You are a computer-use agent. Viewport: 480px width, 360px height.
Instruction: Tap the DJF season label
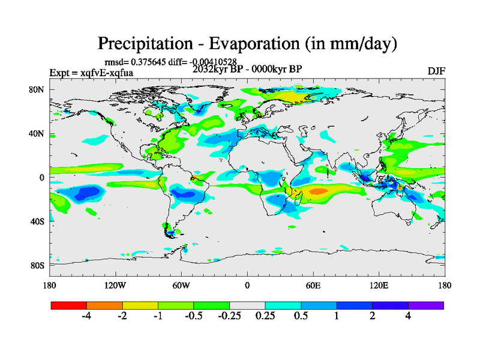point(436,71)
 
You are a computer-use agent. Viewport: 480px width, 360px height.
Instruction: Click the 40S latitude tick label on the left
point(38,221)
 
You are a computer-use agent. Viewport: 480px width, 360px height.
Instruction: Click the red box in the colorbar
point(68,305)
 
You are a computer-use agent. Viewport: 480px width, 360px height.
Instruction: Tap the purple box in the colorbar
point(425,305)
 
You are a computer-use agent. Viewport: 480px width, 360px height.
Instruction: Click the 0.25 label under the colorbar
point(265,317)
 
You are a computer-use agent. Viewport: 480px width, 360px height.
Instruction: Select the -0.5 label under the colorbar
point(193,317)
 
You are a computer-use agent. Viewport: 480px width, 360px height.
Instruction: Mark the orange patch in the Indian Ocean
point(317,191)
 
